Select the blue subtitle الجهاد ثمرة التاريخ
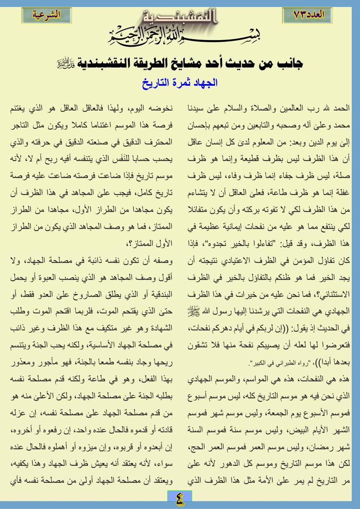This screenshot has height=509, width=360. point(180,81)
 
